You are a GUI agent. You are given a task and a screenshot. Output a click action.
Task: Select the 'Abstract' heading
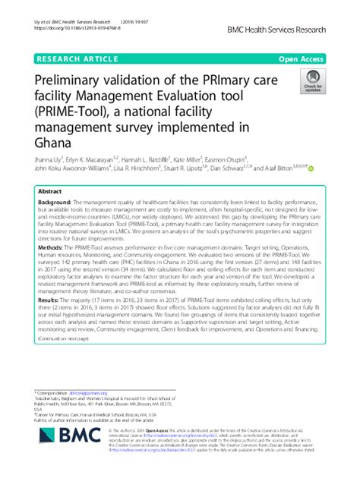(x=50, y=192)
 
